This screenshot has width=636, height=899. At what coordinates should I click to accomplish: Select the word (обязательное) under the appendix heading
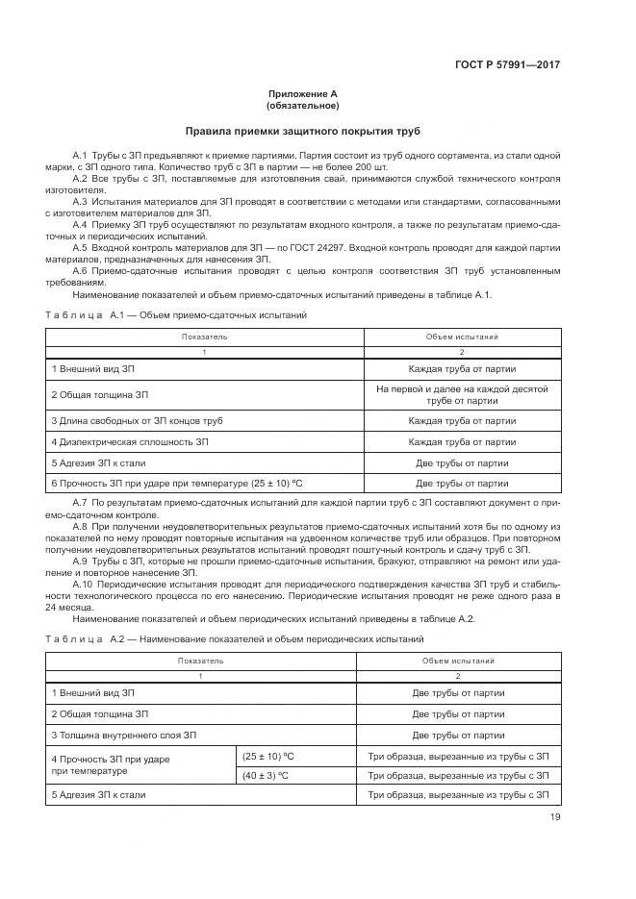point(302,106)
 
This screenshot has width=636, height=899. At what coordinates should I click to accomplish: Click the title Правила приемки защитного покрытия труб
point(302,131)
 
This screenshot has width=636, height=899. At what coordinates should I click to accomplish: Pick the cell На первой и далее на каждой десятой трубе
point(461,394)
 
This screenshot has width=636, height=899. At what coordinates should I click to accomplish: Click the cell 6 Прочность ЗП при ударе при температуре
point(169,484)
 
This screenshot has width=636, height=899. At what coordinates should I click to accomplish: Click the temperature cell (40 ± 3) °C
point(268,775)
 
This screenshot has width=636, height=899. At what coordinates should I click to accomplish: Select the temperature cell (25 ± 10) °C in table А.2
point(268,756)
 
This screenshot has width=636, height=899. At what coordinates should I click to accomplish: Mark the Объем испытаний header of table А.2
point(458,662)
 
